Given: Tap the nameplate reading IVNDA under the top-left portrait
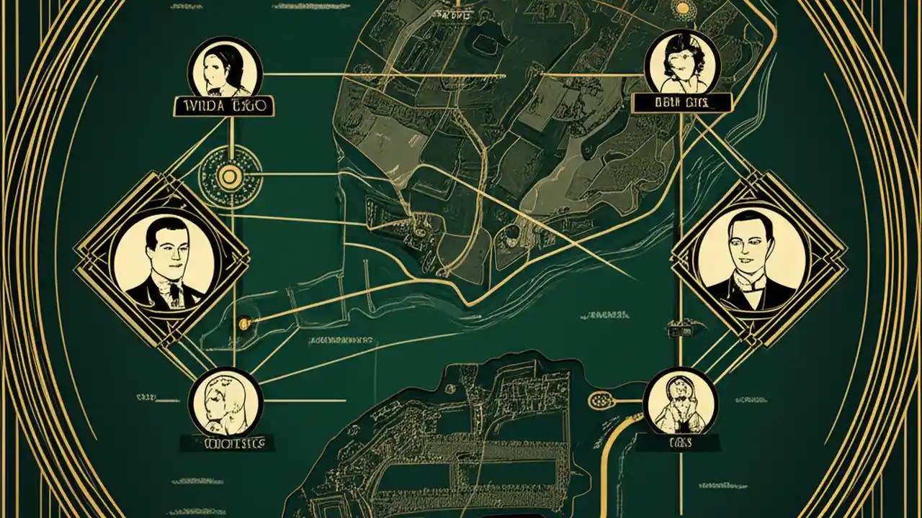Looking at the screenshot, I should tap(225, 106).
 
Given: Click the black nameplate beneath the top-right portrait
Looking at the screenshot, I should tap(681, 103).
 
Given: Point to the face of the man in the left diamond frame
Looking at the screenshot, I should tap(164, 248).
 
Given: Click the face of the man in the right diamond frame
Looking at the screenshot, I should tap(751, 245).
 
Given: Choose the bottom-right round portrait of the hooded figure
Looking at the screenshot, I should tap(680, 401).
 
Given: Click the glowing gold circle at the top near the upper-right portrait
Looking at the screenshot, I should tap(681, 9).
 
